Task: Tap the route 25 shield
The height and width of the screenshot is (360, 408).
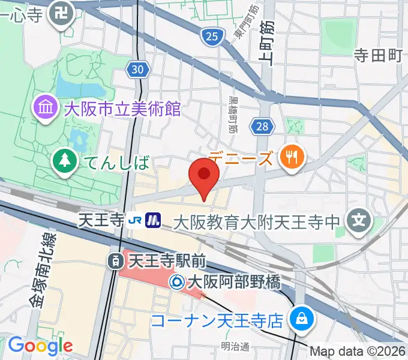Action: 210,38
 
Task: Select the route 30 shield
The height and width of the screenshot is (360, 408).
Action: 137,70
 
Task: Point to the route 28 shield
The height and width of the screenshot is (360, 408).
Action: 263,126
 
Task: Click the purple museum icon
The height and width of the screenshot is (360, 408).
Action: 45,109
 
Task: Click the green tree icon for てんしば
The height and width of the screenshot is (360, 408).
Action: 63,161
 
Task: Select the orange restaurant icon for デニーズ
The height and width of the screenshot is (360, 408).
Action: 292,158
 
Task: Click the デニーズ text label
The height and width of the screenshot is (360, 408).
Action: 243,158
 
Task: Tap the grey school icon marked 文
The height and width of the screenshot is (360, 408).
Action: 359,221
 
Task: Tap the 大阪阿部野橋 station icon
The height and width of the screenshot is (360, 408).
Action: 178,281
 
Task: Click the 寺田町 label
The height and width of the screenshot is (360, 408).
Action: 377,56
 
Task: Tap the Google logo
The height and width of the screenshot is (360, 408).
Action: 40,346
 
